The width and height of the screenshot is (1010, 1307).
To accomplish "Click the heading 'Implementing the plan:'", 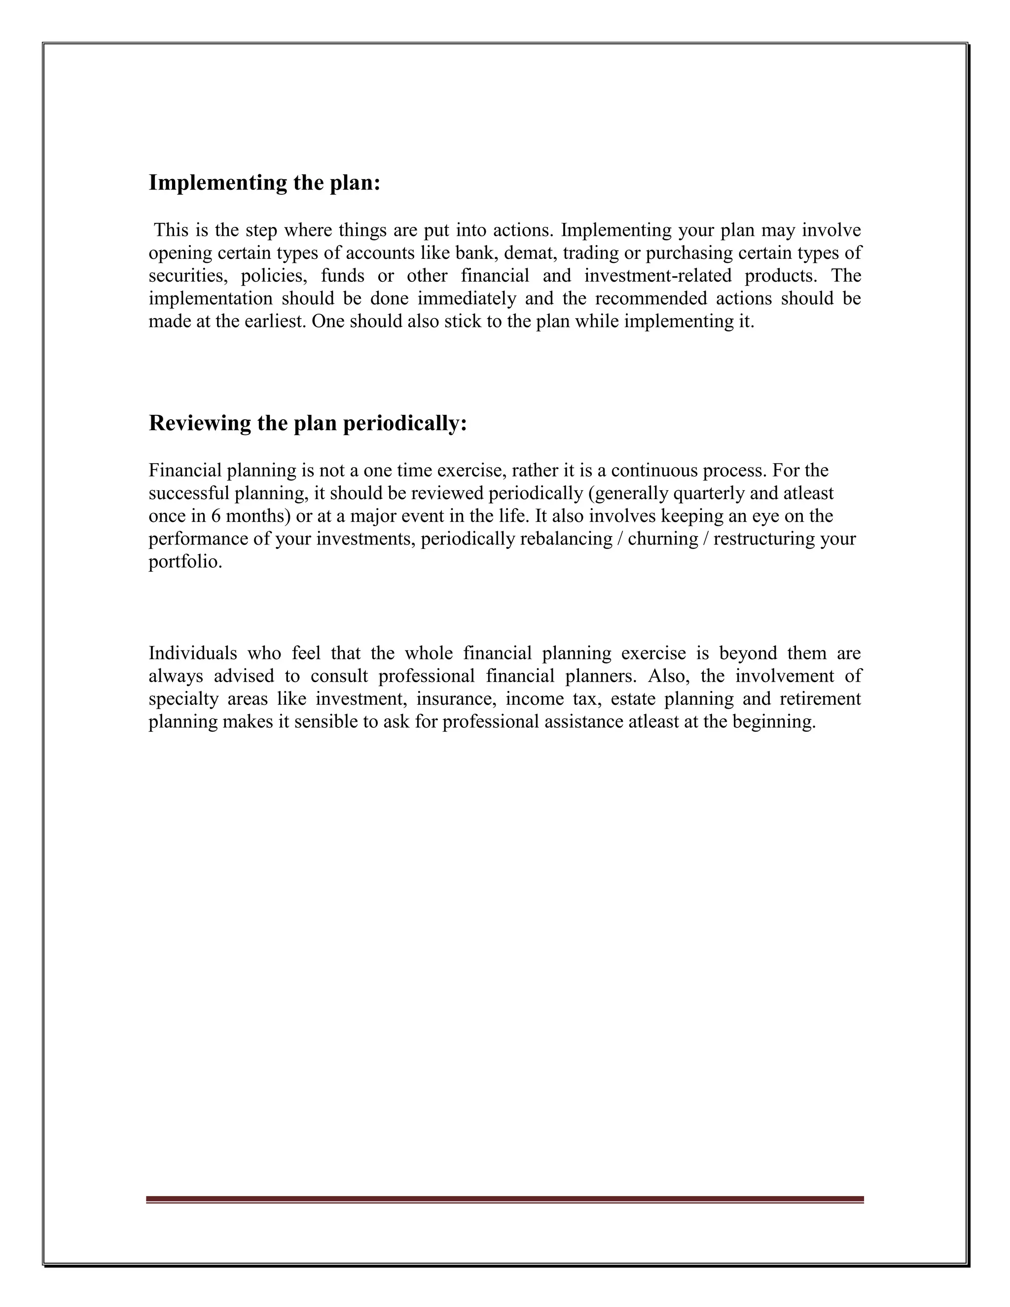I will click(x=264, y=182).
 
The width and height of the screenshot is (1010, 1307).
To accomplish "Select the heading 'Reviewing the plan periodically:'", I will click(x=308, y=423).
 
